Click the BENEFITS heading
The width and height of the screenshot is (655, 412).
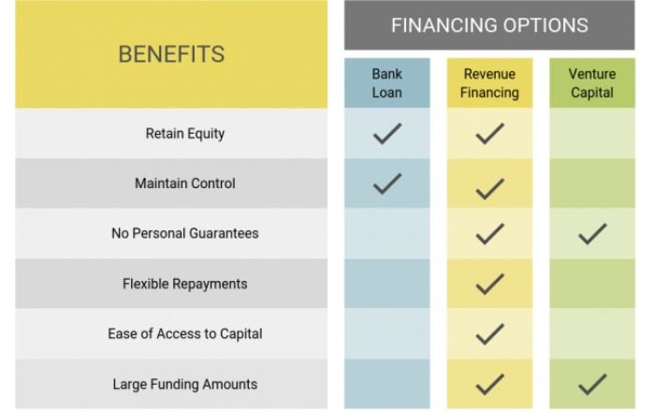(171, 54)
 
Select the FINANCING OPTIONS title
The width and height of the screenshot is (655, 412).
(489, 25)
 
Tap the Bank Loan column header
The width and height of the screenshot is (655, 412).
(386, 82)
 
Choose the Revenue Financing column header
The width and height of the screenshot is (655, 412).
(489, 82)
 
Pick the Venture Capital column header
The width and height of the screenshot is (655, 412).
(592, 82)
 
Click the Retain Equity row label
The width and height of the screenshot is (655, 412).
(184, 134)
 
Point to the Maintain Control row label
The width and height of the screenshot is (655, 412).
(184, 184)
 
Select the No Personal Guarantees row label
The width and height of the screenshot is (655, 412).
(184, 233)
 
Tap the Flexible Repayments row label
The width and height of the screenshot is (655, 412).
(184, 284)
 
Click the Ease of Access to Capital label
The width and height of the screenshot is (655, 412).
(184, 333)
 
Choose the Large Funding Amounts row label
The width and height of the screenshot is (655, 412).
(184, 384)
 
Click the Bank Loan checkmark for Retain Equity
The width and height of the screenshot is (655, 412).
(386, 134)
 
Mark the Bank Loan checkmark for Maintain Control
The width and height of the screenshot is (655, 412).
(386, 184)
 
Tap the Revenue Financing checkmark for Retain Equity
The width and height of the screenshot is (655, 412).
(489, 134)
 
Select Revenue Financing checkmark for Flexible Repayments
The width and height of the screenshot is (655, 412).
(489, 284)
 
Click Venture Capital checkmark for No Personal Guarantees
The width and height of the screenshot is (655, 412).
(592, 233)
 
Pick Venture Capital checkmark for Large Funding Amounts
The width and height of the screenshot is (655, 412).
(592, 384)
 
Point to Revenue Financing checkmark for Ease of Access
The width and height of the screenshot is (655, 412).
(489, 333)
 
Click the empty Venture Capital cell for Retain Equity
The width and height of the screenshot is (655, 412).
(592, 134)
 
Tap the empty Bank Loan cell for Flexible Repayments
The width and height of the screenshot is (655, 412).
(386, 284)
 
